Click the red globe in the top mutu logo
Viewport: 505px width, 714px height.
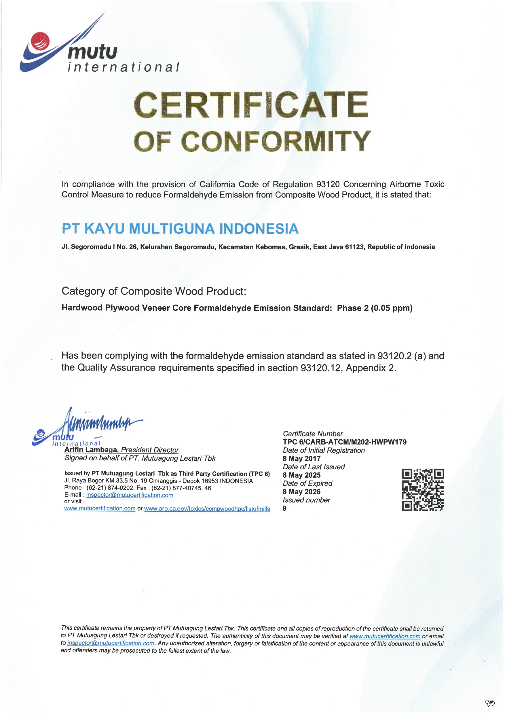(40, 41)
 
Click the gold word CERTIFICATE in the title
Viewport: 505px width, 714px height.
(251, 105)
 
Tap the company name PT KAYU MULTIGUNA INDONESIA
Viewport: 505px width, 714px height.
(180, 229)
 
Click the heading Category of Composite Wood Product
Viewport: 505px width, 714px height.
(154, 291)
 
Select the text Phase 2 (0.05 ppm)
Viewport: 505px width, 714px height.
(374, 308)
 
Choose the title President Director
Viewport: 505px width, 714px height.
(150, 450)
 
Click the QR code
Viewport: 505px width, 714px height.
(423, 490)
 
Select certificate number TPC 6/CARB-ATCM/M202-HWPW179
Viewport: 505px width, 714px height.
(345, 442)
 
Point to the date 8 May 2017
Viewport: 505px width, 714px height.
(301, 458)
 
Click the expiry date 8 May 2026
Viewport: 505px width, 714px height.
(301, 492)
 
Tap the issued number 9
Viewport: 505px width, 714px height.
(284, 508)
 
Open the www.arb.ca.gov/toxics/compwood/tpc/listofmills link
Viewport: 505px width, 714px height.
(207, 509)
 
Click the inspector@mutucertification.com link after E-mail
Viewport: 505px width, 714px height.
(130, 495)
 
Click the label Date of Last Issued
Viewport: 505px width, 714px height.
(314, 467)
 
